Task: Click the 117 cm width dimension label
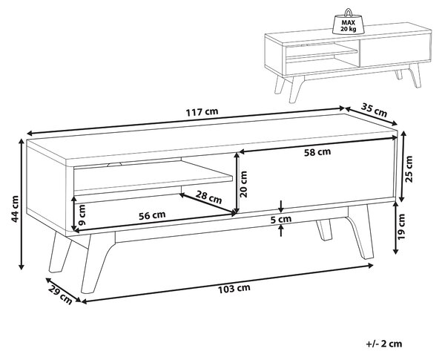point(202,111)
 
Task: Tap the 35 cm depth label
point(374,110)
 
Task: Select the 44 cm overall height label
point(14,209)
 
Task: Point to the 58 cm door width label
point(317,152)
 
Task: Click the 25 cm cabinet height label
point(409,168)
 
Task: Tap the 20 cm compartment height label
point(243,184)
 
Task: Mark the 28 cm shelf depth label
point(209,197)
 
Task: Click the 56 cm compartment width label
point(152,215)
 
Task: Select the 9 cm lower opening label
point(82,215)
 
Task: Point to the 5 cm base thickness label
point(280,219)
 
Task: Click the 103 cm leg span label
point(234,289)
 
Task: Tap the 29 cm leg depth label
point(61,295)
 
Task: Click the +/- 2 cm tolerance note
point(384,344)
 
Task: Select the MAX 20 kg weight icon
point(349,22)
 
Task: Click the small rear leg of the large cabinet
point(324,229)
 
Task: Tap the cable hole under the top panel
point(114,164)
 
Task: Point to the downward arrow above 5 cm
point(281,206)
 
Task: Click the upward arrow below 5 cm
point(281,230)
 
